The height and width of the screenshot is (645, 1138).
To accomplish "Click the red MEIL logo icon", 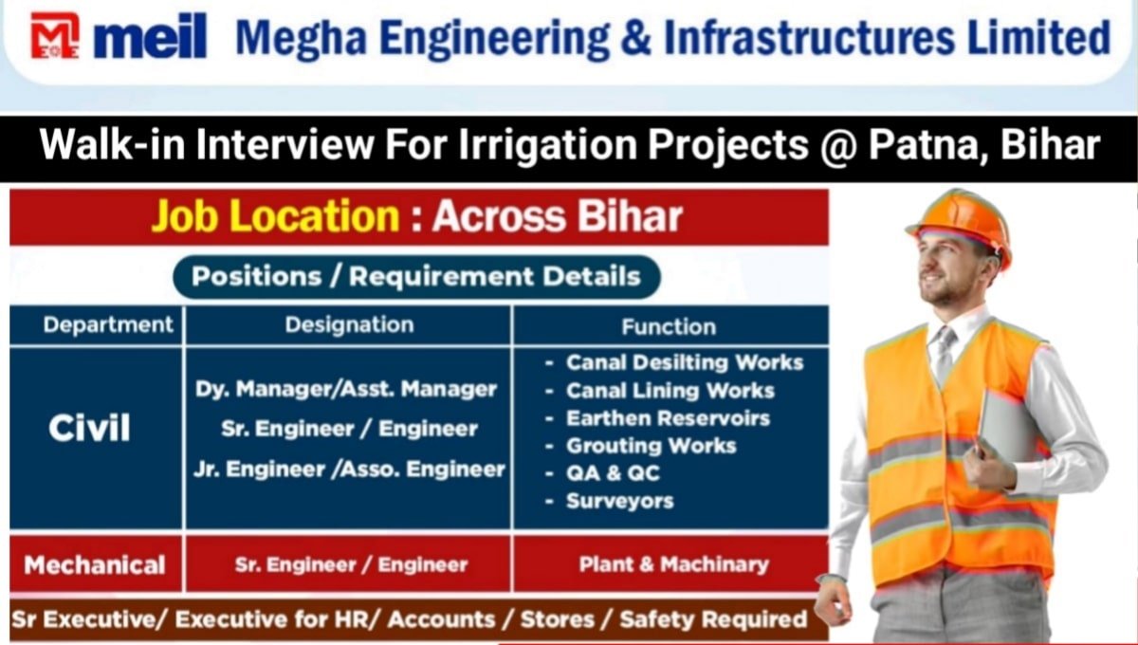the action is tap(55, 36).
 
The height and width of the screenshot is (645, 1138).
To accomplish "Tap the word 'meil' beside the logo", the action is tap(151, 36).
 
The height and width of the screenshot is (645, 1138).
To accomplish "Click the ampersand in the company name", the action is tap(635, 37).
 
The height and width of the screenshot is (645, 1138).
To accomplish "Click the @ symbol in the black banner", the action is tap(838, 145).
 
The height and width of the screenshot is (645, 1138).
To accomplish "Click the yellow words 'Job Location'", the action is tap(276, 216).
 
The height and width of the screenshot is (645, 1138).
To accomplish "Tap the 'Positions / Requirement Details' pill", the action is tap(416, 277).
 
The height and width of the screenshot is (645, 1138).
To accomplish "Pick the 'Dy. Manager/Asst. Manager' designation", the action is tap(346, 389).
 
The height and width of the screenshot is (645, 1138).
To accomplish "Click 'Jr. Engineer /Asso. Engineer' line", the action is tap(350, 470).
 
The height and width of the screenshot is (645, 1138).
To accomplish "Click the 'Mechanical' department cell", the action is tap(95, 565).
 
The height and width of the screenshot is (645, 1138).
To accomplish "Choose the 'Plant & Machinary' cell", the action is tap(673, 564).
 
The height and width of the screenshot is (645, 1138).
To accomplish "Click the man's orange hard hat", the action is tap(960, 224).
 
